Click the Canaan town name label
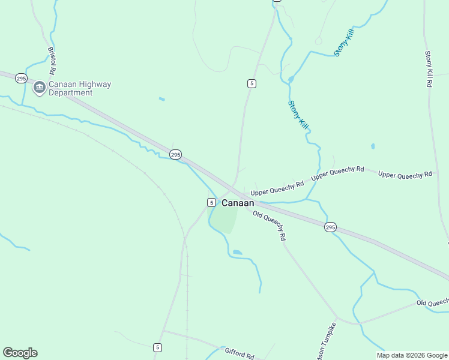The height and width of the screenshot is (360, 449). (238, 203)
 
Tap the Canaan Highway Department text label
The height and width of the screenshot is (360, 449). (79, 89)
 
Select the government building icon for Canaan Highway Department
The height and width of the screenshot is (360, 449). (40, 88)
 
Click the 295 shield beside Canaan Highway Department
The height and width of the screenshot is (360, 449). (22, 79)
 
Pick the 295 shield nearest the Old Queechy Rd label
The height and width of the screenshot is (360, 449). (330, 227)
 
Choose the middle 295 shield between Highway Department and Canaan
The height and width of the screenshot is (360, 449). (175, 154)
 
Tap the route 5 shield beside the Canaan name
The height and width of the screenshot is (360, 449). (211, 202)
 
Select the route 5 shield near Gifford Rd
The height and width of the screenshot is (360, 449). (157, 347)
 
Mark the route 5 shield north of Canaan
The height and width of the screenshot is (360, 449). (252, 83)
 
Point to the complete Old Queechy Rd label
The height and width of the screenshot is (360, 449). (269, 226)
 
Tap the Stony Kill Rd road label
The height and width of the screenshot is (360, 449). (429, 70)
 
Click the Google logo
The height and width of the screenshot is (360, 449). (20, 353)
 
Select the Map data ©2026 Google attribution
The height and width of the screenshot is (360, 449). (412, 355)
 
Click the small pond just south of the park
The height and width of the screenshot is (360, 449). (237, 253)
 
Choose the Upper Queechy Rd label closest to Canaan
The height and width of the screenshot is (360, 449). (277, 188)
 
